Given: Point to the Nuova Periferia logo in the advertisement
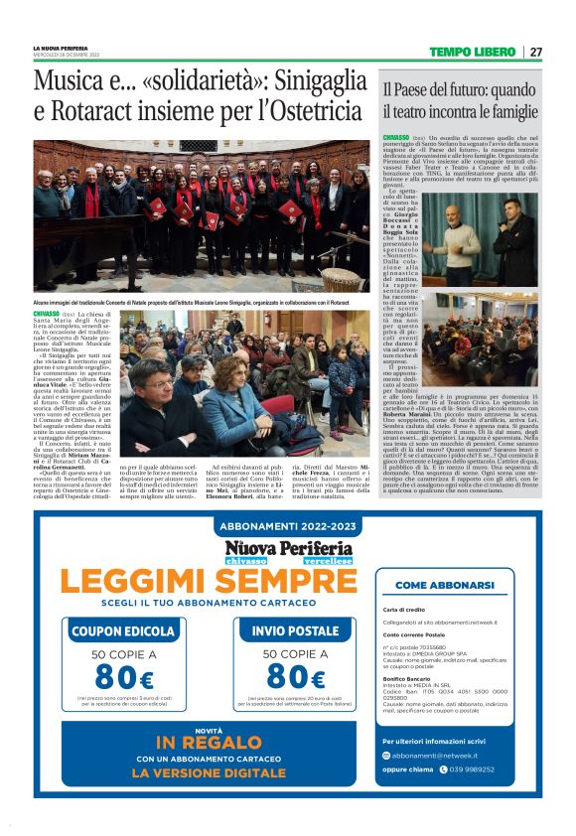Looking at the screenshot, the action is (x=288, y=549).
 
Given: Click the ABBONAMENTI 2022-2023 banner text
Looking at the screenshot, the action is (x=288, y=525).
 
